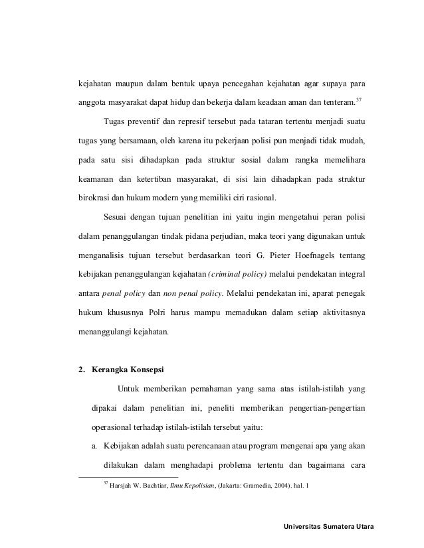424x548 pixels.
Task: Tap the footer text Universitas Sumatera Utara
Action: [x=329, y=527]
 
